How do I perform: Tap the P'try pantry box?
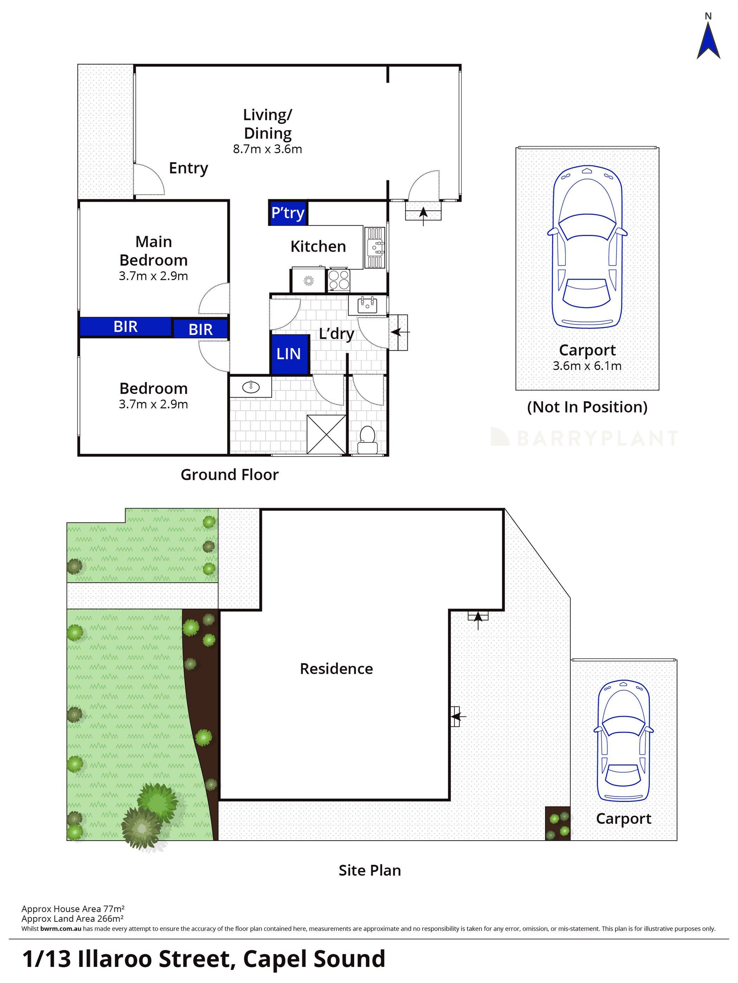[x=288, y=213]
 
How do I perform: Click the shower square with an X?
[x=326, y=434]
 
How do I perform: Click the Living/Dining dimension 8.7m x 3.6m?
[x=267, y=149]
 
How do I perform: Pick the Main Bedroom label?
[x=154, y=251]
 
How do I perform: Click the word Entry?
[x=188, y=168]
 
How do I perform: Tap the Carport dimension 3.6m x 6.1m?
[x=587, y=366]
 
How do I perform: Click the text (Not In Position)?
[x=587, y=407]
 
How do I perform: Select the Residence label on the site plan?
[x=336, y=668]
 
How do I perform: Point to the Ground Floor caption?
[x=229, y=474]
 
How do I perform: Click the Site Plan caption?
[x=370, y=870]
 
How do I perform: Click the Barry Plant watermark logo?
[x=584, y=438]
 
